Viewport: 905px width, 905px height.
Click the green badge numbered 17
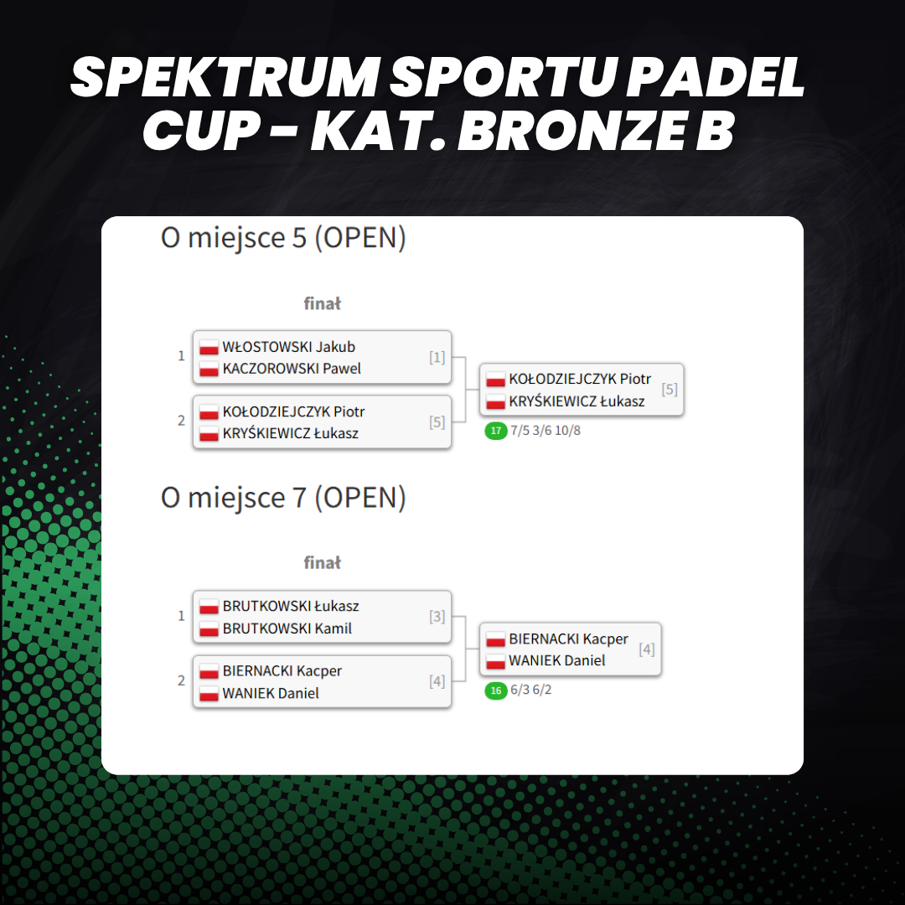click(496, 431)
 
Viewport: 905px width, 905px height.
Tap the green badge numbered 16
click(496, 690)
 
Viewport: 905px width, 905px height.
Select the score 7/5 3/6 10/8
click(546, 431)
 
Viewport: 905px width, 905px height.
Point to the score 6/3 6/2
click(531, 690)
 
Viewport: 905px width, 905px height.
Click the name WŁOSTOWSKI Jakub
click(288, 347)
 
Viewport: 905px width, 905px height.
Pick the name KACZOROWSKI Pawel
click(292, 368)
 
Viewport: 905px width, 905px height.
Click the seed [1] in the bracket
click(437, 357)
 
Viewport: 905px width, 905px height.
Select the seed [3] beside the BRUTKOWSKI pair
click(437, 617)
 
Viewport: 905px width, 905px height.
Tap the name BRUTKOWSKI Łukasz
click(291, 606)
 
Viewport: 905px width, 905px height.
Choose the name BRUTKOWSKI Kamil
click(287, 628)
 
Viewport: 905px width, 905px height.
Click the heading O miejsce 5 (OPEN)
click(283, 238)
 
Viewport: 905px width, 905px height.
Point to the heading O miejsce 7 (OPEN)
click(283, 498)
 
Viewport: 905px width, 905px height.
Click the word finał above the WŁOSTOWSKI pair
click(322, 303)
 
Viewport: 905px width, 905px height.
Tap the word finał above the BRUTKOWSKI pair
click(322, 563)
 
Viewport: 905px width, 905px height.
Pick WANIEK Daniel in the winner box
click(557, 660)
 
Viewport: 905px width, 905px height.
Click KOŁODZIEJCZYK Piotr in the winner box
click(580, 380)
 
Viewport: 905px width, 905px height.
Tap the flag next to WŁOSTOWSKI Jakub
click(209, 348)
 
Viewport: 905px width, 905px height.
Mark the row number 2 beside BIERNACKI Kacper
click(181, 681)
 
